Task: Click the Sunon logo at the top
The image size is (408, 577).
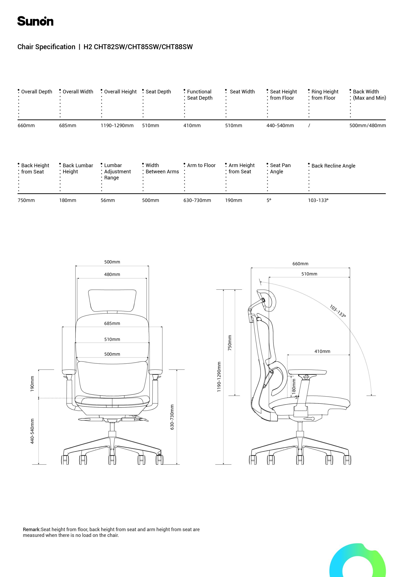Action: [x=35, y=21]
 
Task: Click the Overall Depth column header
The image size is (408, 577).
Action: [x=37, y=92]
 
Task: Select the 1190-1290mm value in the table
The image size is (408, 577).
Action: [x=117, y=126]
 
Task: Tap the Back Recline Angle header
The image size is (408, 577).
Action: [x=333, y=166]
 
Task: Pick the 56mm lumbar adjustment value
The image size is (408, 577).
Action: [x=108, y=201]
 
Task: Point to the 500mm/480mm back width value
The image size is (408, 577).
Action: [x=367, y=126]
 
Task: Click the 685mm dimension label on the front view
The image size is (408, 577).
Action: [x=112, y=323]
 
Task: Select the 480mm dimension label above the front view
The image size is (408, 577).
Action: [x=112, y=275]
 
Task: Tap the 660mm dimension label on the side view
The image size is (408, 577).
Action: [x=300, y=264]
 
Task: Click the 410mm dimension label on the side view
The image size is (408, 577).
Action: [x=322, y=351]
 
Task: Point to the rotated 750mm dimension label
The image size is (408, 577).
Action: [x=230, y=343]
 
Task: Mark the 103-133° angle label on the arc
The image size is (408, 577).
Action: [x=337, y=311]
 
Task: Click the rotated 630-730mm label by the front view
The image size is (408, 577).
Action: [x=172, y=417]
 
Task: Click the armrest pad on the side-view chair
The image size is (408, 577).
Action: [x=307, y=372]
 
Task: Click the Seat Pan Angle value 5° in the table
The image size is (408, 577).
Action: [x=269, y=201]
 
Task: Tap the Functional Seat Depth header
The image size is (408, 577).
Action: [x=199, y=95]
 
